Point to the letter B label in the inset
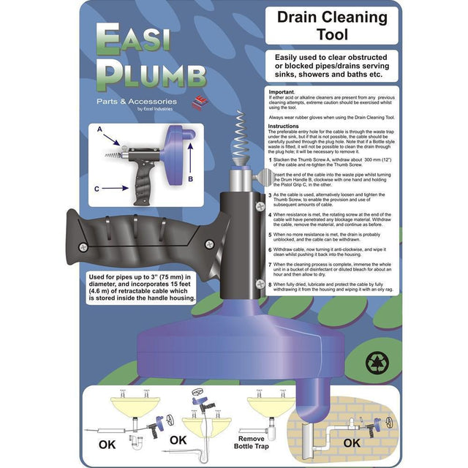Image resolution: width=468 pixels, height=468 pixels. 191,178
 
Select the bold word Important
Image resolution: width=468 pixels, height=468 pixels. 282,93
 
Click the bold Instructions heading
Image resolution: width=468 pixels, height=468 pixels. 285,127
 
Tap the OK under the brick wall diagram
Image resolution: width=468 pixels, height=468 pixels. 352,442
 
